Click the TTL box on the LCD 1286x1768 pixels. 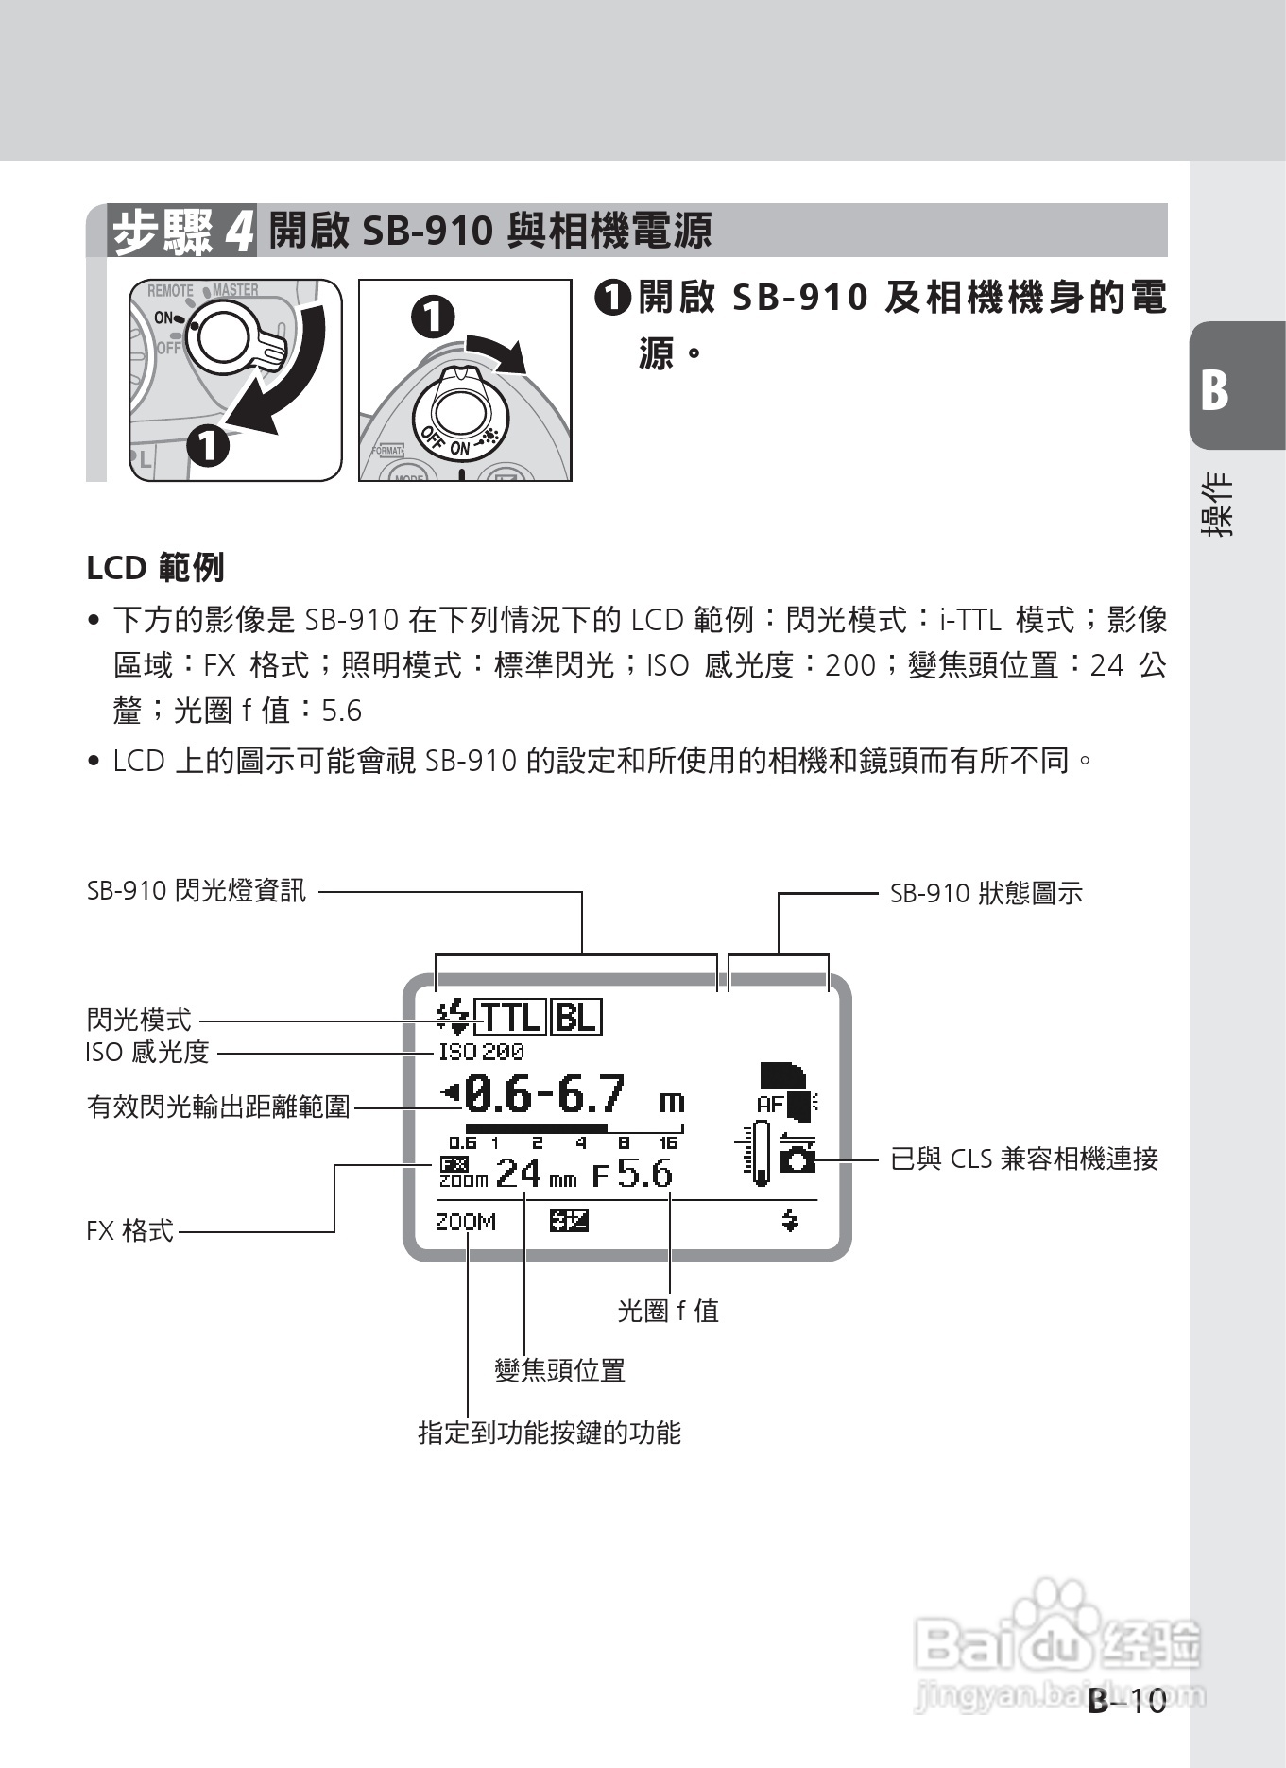tap(510, 1018)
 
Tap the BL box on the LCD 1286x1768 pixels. tap(575, 1018)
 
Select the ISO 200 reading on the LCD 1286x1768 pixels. tap(481, 1052)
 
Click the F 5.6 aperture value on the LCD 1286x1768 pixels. tap(632, 1175)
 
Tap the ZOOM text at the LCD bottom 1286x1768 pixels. tap(465, 1222)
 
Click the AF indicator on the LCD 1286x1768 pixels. tap(770, 1103)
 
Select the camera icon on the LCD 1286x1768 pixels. tap(797, 1159)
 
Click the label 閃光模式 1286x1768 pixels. tap(139, 1020)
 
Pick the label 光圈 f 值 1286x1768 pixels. tap(668, 1311)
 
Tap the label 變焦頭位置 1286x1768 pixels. tap(560, 1370)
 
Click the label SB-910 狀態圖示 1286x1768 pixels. tap(986, 893)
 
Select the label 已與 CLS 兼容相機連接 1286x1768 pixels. tap(1024, 1159)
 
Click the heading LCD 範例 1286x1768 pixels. tap(155, 568)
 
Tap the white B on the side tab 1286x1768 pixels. tap(1215, 389)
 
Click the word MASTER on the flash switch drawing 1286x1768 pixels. tap(235, 290)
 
